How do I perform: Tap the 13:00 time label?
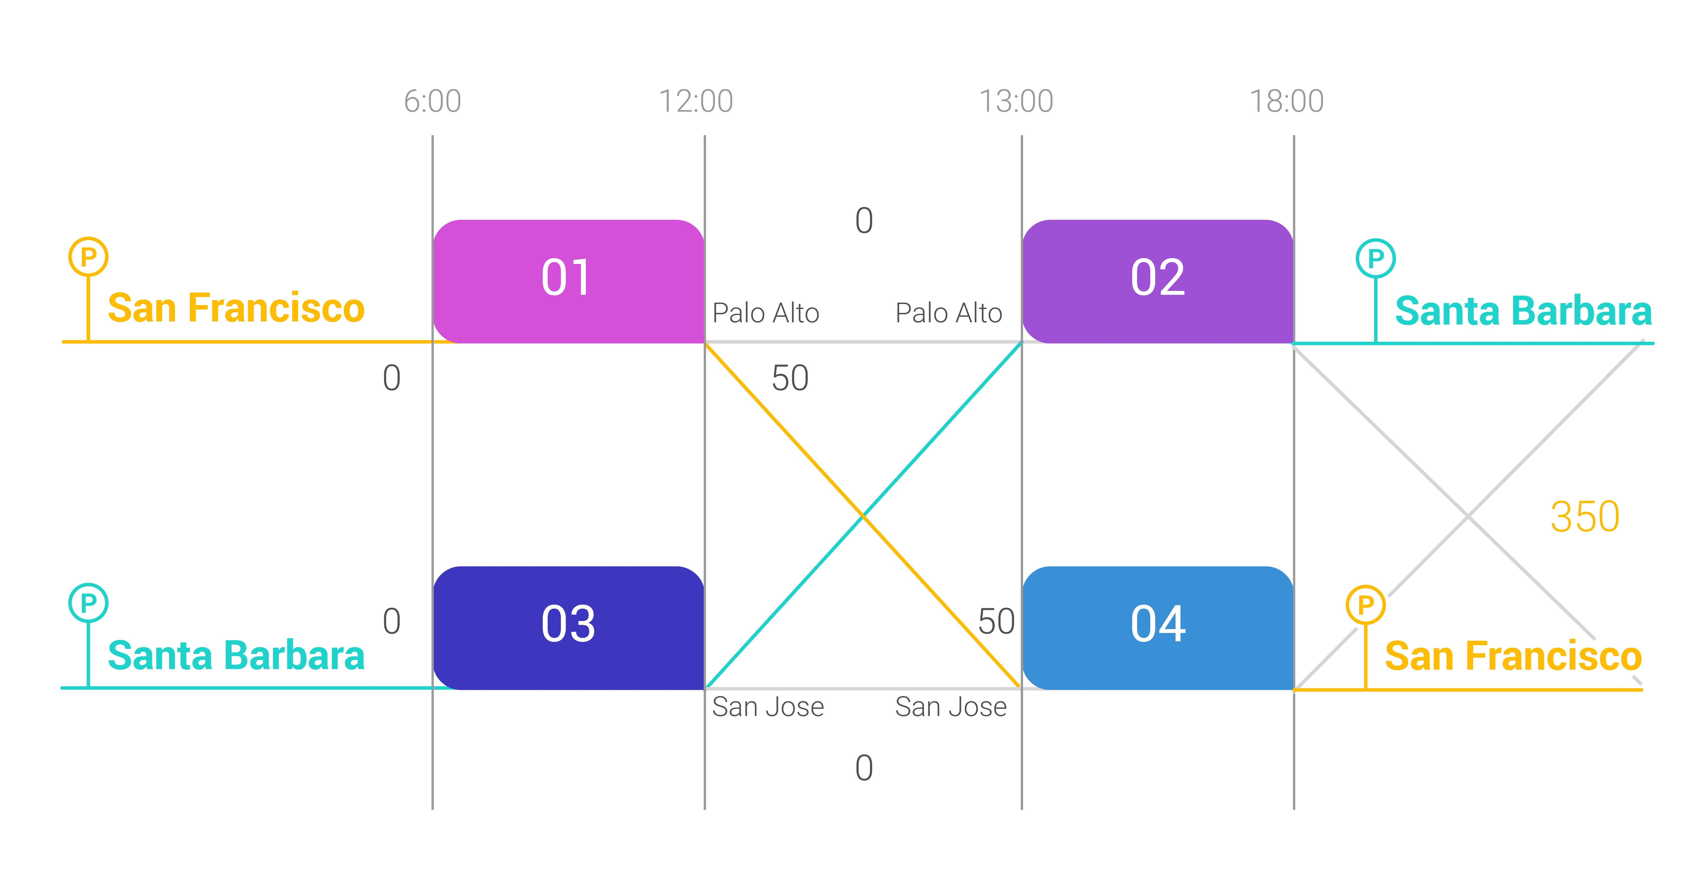tap(1016, 101)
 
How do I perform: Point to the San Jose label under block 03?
tap(768, 707)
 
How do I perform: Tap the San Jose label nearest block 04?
tap(951, 707)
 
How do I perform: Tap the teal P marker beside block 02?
tap(1375, 258)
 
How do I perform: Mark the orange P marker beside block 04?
tap(1365, 605)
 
